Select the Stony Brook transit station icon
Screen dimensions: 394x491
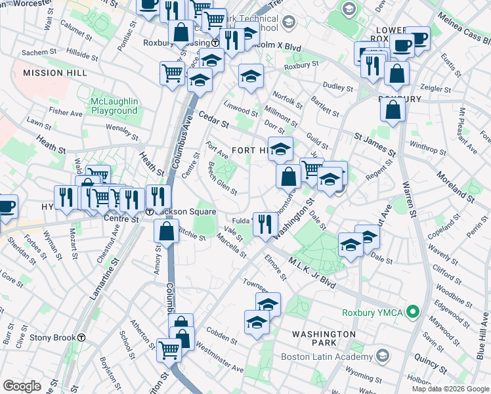pyautogui.click(x=81, y=338)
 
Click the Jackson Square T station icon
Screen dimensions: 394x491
pyautogui.click(x=150, y=212)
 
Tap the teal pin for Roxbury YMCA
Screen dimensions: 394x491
pyautogui.click(x=412, y=311)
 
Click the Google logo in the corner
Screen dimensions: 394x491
pyautogui.click(x=22, y=386)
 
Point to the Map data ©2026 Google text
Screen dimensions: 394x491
pyautogui.click(x=450, y=389)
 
